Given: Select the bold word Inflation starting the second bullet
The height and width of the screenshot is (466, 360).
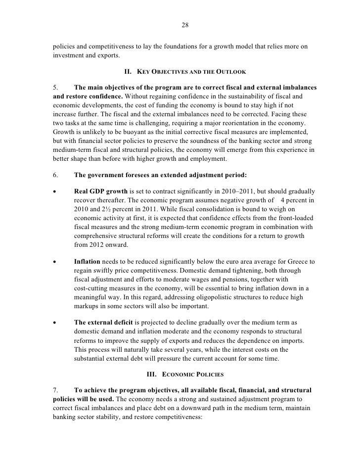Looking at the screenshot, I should [88, 261].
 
